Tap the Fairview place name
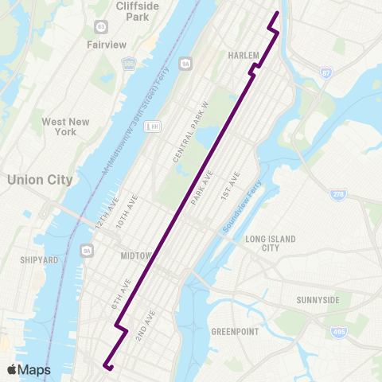[x=107, y=45]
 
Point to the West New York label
[x=65, y=127]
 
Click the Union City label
[x=39, y=180]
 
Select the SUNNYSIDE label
[x=318, y=300]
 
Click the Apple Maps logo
[x=28, y=369]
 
